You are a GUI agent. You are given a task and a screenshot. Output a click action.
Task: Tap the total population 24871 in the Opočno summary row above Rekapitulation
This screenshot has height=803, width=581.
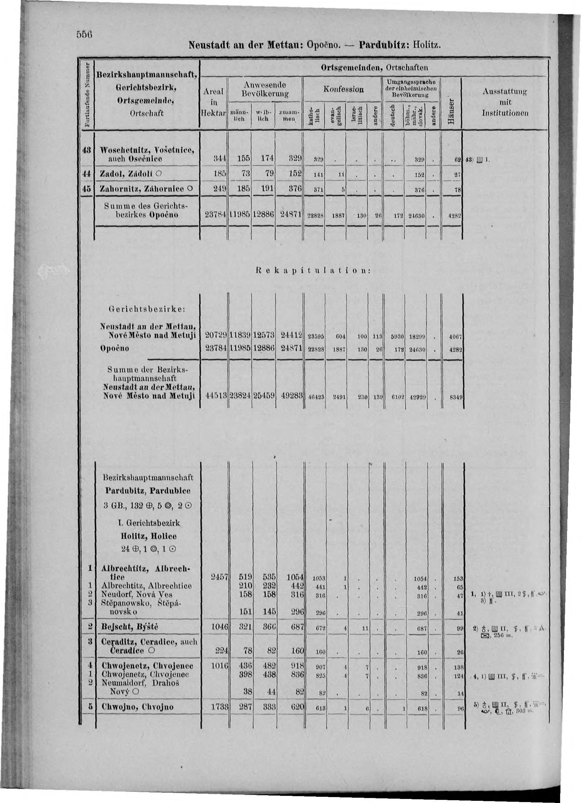click(290, 215)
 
